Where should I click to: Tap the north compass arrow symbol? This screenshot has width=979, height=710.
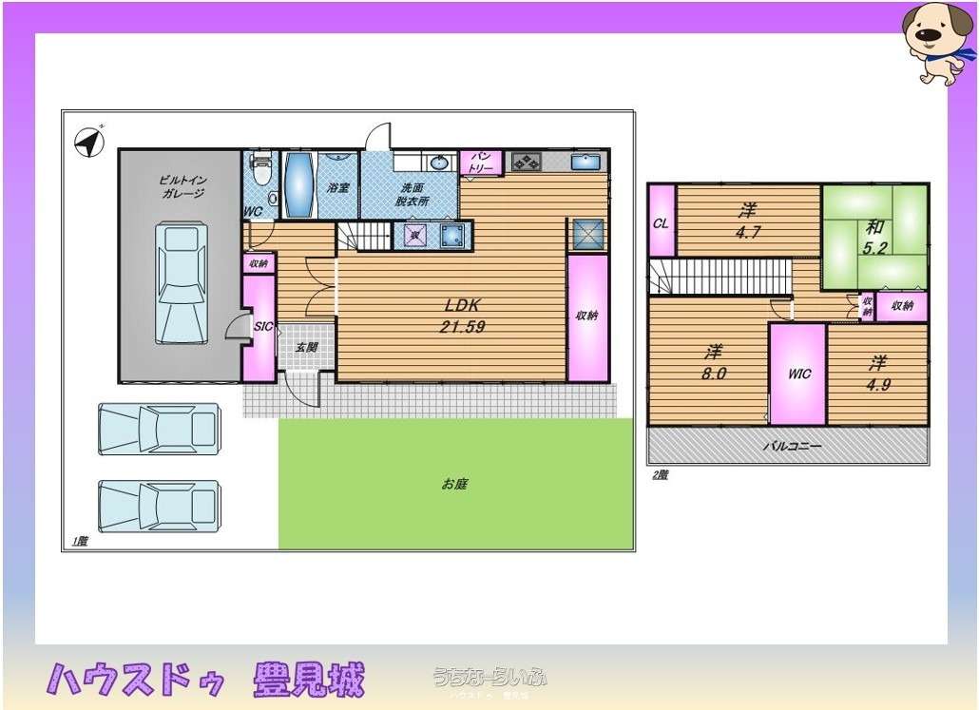coord(89,142)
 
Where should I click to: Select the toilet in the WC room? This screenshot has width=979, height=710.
coord(261,172)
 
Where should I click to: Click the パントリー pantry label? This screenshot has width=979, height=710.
coord(482,163)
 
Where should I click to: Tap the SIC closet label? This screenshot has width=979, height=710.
coord(263,327)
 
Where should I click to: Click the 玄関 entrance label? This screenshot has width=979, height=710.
coord(306,348)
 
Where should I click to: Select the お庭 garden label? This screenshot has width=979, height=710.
coord(454,484)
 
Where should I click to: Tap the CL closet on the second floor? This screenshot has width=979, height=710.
coord(661,223)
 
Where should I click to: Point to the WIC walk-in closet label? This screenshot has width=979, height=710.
coord(798,374)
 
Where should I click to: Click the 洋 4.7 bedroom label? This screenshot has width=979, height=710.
coord(749,221)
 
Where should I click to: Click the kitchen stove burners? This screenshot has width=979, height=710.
coord(526,163)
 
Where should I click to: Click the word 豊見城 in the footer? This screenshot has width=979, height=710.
coord(309,681)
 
